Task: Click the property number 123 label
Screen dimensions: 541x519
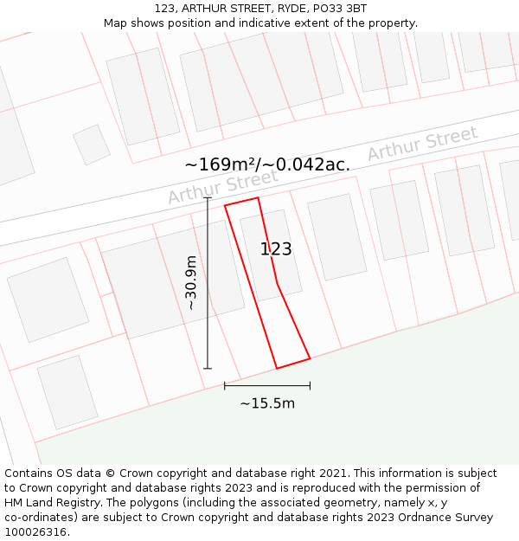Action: tap(276, 249)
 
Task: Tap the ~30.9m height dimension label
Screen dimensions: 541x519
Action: tap(191, 283)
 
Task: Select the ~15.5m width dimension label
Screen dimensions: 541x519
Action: tap(267, 403)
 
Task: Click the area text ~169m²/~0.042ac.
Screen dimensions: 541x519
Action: tap(267, 164)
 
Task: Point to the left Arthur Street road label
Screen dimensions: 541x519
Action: tap(222, 186)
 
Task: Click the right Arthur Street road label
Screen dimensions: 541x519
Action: tap(422, 144)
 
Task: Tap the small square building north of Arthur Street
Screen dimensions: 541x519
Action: tap(91, 145)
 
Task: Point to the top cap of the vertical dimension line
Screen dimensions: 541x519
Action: tap(208, 198)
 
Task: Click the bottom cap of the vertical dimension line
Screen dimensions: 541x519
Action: tap(208, 369)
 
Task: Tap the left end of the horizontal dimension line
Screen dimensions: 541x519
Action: tap(225, 386)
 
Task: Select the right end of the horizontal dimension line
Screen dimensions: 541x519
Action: tap(310, 386)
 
